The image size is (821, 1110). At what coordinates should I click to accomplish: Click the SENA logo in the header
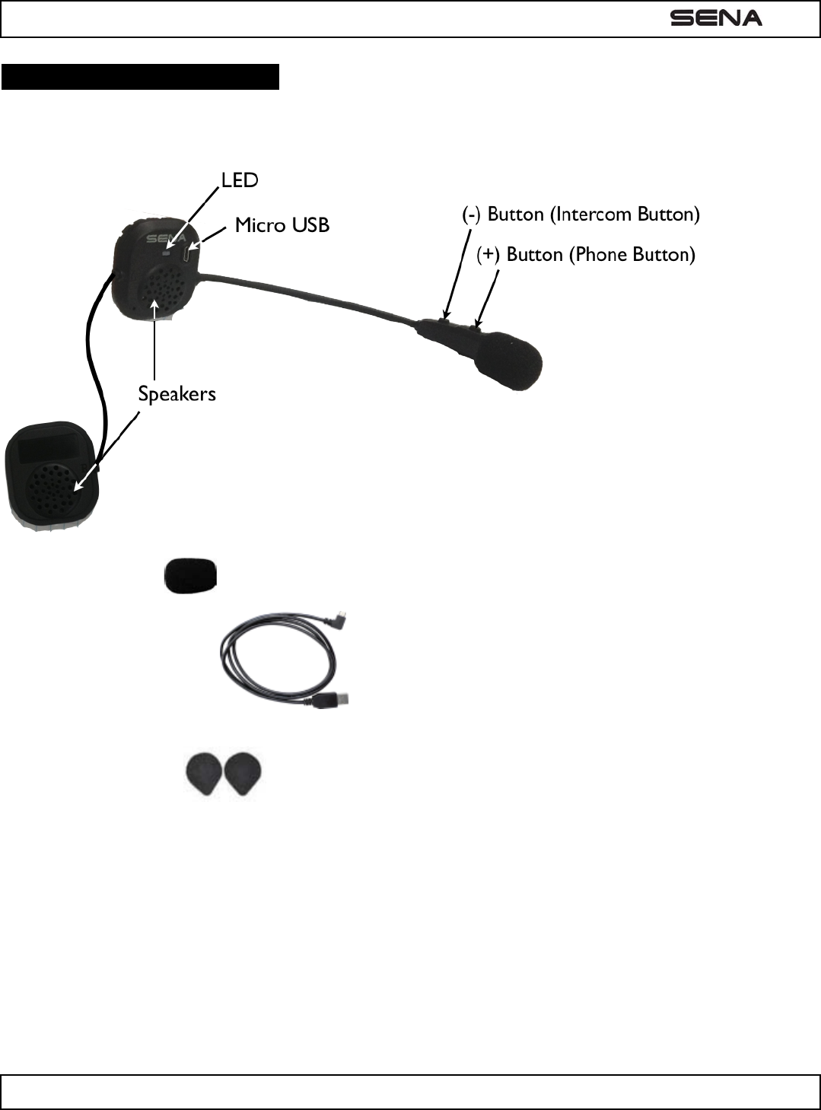click(x=715, y=18)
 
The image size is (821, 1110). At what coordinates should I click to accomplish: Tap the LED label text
click(x=240, y=180)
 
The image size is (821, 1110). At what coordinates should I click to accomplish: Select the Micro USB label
click(x=282, y=225)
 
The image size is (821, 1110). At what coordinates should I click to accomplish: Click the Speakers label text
click(x=177, y=394)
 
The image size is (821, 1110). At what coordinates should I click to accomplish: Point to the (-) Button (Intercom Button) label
click(x=581, y=215)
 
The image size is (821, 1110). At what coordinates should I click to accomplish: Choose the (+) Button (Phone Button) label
click(x=586, y=254)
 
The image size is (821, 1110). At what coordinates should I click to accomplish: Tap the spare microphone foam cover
click(x=191, y=575)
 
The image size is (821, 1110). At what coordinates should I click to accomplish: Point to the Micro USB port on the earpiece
click(x=189, y=251)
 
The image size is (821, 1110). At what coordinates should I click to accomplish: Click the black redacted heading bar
click(x=141, y=78)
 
